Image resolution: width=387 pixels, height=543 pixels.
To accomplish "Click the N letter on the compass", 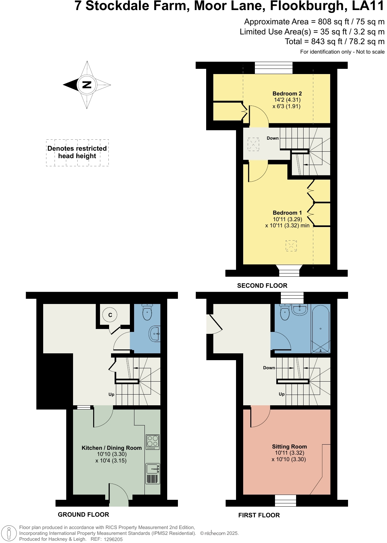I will point(87,85).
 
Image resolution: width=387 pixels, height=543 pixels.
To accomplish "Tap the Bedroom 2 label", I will point(287,94).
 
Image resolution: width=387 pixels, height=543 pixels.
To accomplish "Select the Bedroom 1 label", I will point(287,213).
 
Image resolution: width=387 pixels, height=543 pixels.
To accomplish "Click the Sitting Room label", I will point(289,447).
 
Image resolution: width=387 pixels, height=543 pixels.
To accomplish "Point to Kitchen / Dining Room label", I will point(111,448).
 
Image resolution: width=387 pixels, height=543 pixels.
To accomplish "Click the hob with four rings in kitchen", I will point(153,442).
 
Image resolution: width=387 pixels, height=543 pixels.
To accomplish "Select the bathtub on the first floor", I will point(320,329).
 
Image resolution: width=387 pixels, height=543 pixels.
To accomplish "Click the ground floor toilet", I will point(147,312).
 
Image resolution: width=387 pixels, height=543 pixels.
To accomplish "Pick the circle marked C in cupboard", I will point(110,315).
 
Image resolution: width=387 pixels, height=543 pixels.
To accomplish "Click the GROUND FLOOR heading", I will point(83,514).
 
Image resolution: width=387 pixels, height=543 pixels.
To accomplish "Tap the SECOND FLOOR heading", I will point(262,285).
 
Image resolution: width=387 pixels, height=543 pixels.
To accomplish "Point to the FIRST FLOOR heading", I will point(259,515).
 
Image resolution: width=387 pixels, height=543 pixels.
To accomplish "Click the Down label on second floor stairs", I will point(272,138).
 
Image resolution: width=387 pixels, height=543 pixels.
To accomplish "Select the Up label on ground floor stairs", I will point(111,394).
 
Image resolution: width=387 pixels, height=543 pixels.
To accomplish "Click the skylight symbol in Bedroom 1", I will point(291,246).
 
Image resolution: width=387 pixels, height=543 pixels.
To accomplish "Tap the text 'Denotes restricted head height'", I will point(77,152).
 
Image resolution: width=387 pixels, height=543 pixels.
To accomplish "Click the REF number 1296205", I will point(113,539).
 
